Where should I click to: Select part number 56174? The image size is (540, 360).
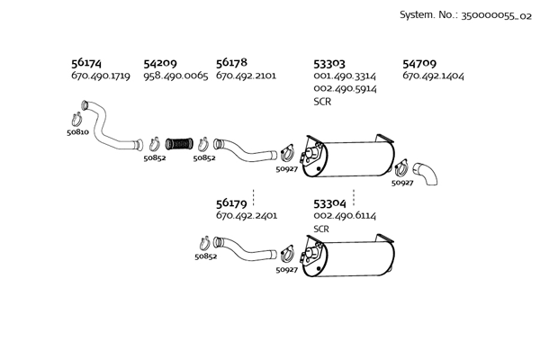tap(85, 63)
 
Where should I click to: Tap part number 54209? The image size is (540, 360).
tap(159, 63)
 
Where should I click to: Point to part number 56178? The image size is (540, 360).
tap(231, 63)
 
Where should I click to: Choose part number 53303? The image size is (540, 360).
tap(328, 64)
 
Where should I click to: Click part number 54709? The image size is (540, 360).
tap(419, 64)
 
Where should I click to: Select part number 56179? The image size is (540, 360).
tap(231, 203)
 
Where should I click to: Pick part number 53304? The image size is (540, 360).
tap(328, 203)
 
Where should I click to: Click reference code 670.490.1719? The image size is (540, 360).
tap(100, 76)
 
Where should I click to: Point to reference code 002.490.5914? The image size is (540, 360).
tap(345, 89)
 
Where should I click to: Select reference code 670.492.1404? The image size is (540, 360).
tap(433, 76)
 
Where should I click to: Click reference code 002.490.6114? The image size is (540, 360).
tap(345, 217)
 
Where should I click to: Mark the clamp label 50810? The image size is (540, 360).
tap(77, 132)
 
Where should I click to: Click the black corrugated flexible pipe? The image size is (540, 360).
tap(179, 142)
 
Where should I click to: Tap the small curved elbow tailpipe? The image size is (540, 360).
tap(426, 172)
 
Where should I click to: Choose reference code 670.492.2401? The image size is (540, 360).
tap(246, 217)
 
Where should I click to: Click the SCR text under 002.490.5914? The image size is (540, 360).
tap(321, 102)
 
